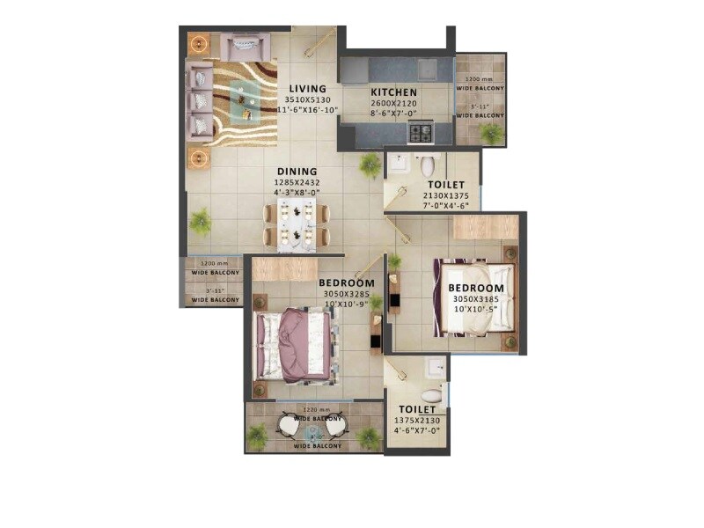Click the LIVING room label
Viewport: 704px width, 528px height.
(x=307, y=89)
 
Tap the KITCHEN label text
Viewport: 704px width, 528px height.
(x=393, y=92)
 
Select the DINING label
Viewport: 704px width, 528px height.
(x=297, y=172)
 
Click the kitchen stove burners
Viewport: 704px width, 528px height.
(x=420, y=133)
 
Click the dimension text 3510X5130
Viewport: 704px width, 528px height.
(x=307, y=99)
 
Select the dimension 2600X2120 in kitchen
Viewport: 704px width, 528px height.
(x=393, y=103)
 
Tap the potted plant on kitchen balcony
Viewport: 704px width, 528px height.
(x=491, y=133)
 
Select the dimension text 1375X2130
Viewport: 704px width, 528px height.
(x=417, y=422)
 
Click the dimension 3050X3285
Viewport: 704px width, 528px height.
(x=346, y=293)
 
